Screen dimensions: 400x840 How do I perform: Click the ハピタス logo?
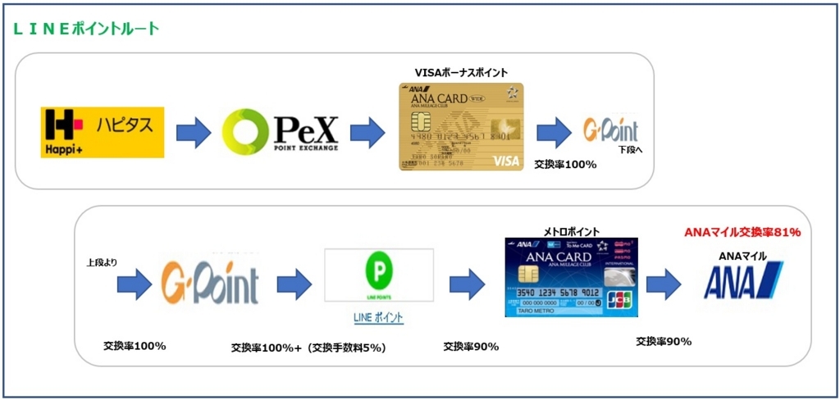tap(103, 132)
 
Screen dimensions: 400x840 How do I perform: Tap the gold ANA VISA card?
tap(461, 127)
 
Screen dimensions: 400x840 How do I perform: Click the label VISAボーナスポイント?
tap(462, 73)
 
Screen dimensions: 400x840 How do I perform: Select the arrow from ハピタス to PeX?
tap(193, 133)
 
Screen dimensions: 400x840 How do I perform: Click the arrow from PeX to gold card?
tap(368, 133)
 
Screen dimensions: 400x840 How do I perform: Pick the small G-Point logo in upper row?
tap(609, 130)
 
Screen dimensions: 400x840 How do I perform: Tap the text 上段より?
tap(102, 262)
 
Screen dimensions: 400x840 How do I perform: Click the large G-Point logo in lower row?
tap(210, 284)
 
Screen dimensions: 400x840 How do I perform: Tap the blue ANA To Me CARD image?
tap(571, 277)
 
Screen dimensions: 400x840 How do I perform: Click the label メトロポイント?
tap(571, 231)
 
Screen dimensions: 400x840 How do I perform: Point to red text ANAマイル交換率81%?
tap(742, 232)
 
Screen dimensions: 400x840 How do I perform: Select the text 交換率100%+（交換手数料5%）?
tap(308, 348)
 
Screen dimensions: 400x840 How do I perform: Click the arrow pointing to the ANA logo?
tap(664, 283)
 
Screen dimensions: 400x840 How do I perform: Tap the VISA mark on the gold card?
tap(505, 161)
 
